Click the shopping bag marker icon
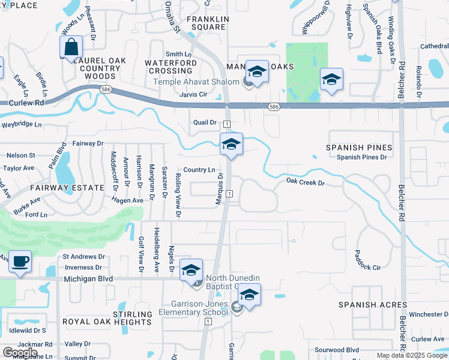pyautogui.click(x=71, y=47)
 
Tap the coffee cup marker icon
pyautogui.click(x=20, y=262)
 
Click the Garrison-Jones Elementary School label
pyautogui.click(x=194, y=308)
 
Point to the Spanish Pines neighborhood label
pyautogui.click(x=359, y=147)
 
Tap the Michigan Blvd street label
pyautogui.click(x=88, y=279)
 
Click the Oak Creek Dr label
pyautogui.click(x=305, y=181)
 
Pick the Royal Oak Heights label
pyautogui.click(x=107, y=322)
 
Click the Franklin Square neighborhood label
pyautogui.click(x=208, y=23)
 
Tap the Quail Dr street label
pyautogui.click(x=205, y=122)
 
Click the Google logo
pyautogui.click(x=20, y=353)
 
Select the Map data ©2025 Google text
pyautogui.click(x=412, y=355)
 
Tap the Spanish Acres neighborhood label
pyautogui.click(x=372, y=305)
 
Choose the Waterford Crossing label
pyautogui.click(x=170, y=67)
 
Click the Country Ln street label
pyautogui.click(x=199, y=170)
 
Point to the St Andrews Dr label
pyautogui.click(x=84, y=257)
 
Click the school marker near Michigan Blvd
pyautogui.click(x=191, y=270)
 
